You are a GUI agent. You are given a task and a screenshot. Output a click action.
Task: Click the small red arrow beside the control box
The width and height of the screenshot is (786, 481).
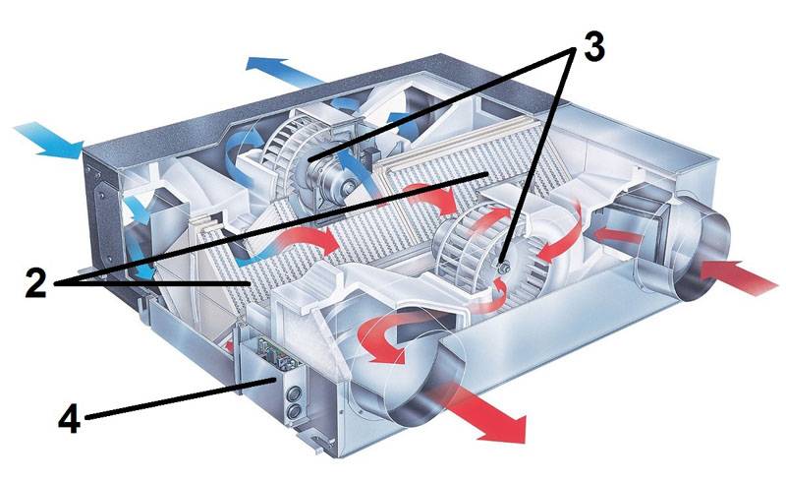pyautogui.click(x=232, y=345)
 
